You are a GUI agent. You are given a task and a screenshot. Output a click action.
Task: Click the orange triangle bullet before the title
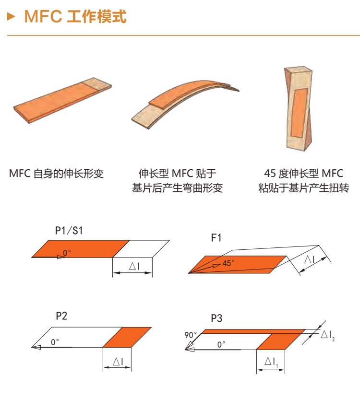[11, 17]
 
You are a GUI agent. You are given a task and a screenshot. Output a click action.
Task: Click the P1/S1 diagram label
[69, 231]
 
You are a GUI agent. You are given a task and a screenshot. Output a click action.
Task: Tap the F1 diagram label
[216, 238]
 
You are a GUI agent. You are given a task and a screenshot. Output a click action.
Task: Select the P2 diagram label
[61, 316]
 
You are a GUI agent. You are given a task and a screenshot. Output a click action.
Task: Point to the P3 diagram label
[216, 318]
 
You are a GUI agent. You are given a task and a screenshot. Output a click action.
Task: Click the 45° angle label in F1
[228, 263]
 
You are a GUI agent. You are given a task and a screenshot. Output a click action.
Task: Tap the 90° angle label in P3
[191, 335]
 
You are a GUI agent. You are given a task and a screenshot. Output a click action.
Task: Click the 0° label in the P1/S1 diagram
[67, 253]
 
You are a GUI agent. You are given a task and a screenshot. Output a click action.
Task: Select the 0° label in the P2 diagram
[55, 342]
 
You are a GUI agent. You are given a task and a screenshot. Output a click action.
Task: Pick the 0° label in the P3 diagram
[221, 344]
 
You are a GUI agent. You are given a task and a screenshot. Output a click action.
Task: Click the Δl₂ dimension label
[327, 335]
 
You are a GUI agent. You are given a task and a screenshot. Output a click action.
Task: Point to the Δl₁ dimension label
[271, 362]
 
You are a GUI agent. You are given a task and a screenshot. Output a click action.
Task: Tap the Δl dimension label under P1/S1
[134, 266]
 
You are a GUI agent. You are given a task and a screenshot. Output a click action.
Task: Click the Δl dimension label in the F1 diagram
[310, 259]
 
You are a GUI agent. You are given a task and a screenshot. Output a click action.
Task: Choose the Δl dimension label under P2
[118, 362]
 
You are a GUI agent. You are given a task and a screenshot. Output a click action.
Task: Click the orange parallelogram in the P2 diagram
[127, 337]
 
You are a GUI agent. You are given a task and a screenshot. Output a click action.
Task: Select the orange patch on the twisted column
[299, 113]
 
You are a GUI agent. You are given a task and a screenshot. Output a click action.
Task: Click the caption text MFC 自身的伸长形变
[56, 174]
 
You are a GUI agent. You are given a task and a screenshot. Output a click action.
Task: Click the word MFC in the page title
[43, 16]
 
